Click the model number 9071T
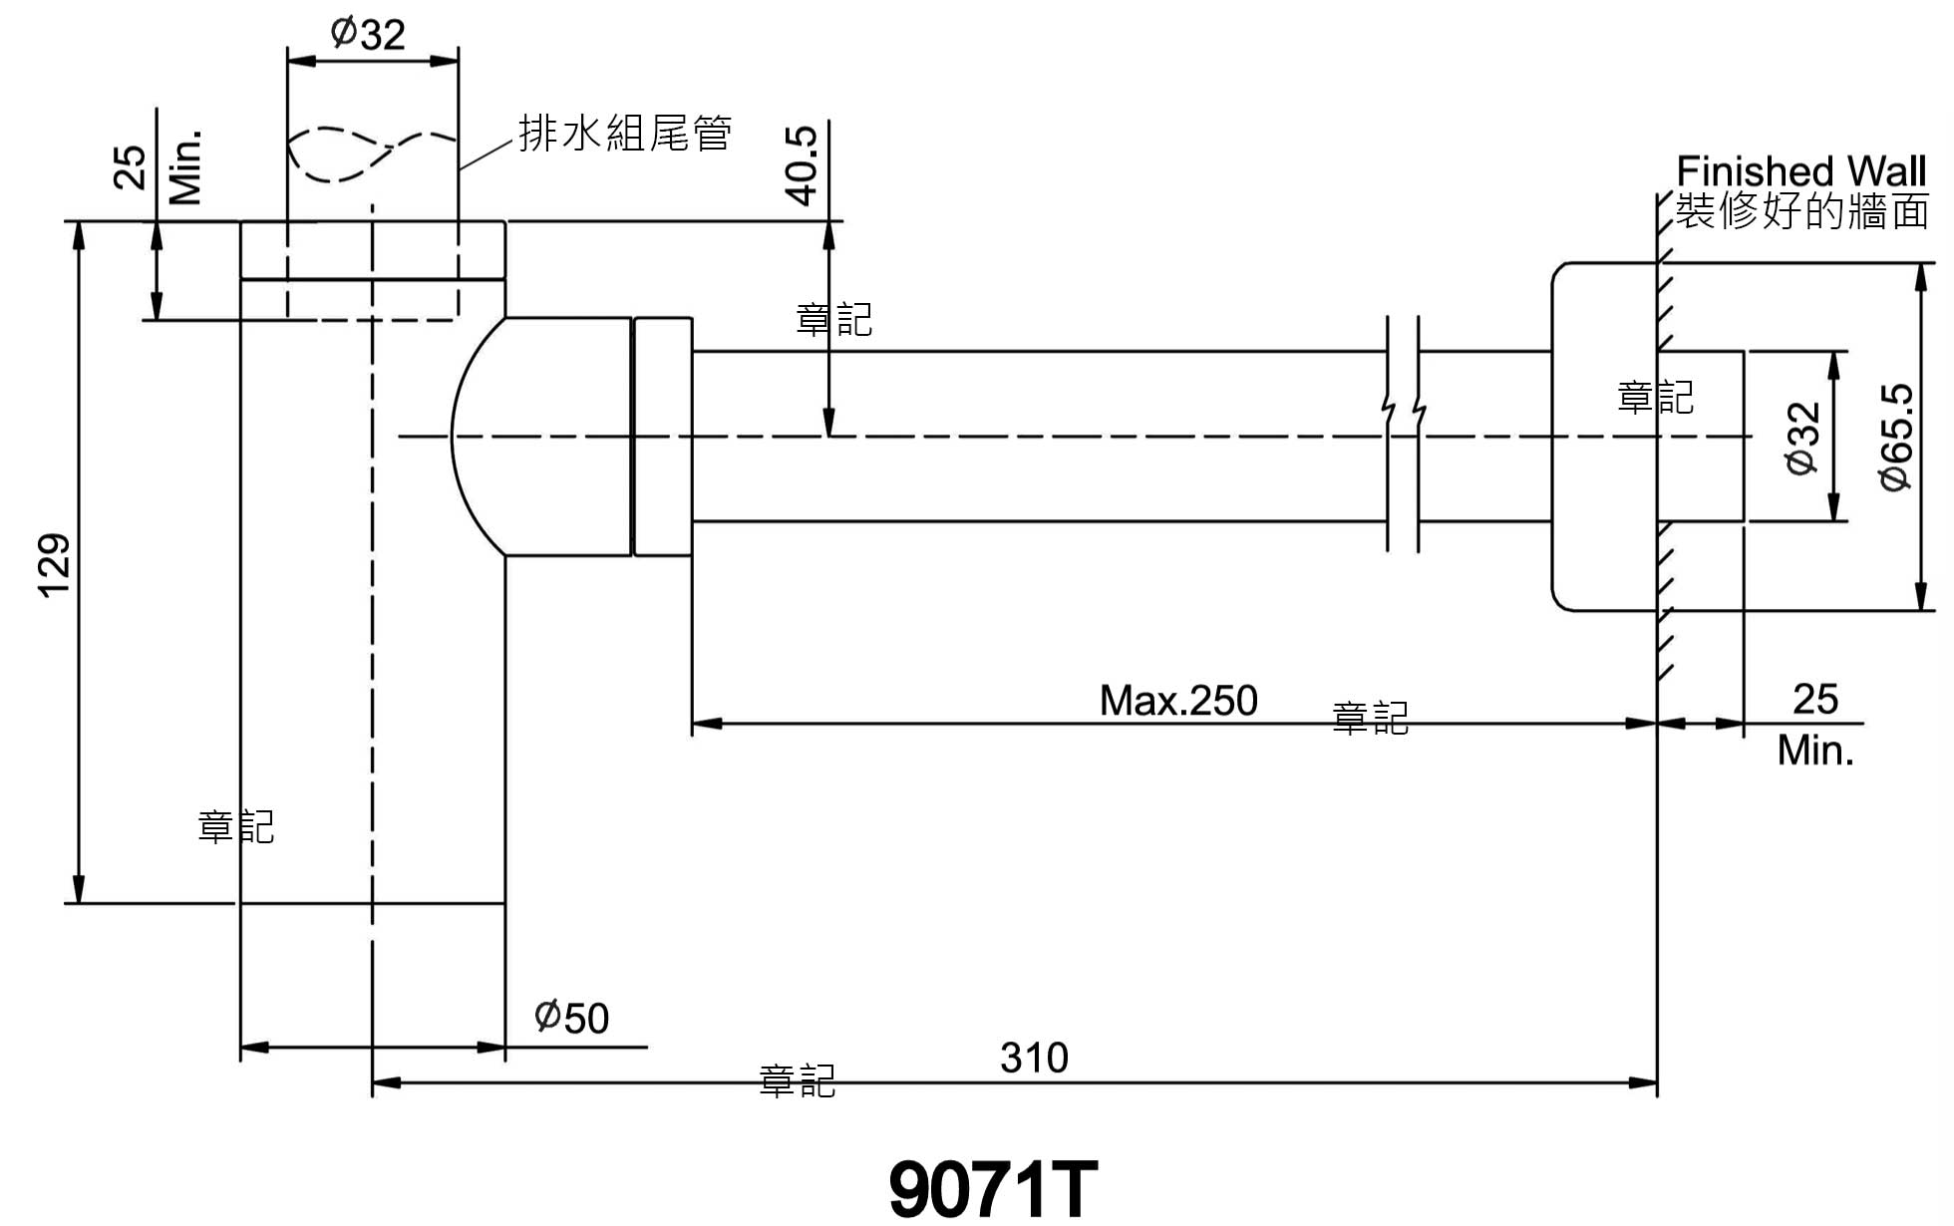click(993, 1189)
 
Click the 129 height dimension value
click(56, 565)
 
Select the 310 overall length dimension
click(1034, 1058)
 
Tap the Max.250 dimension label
click(1178, 701)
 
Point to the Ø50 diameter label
click(571, 1018)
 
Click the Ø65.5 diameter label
click(1896, 437)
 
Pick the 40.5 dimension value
click(803, 165)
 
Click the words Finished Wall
click(1800, 170)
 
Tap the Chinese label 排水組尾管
click(625, 133)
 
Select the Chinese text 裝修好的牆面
click(1801, 211)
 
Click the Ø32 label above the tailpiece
click(368, 35)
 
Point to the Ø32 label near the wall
click(1803, 438)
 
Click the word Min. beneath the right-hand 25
click(1815, 751)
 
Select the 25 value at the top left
click(131, 166)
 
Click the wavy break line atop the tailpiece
click(372, 153)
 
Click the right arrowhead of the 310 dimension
click(1644, 1082)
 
